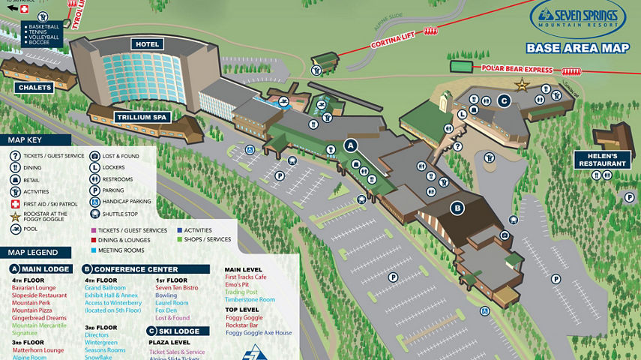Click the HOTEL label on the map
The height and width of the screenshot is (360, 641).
148,44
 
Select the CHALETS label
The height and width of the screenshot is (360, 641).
35,88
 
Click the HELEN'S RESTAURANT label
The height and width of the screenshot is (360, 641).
602,159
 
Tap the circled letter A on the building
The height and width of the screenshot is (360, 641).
350,145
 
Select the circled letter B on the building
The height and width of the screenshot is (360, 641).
457,208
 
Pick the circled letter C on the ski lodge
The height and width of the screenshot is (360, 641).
504,101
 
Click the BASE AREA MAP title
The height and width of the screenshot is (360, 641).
577,49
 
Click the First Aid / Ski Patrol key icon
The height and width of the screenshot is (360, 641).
14,204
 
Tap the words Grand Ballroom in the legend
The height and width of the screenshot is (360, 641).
105,288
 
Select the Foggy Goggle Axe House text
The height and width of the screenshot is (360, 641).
259,333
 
